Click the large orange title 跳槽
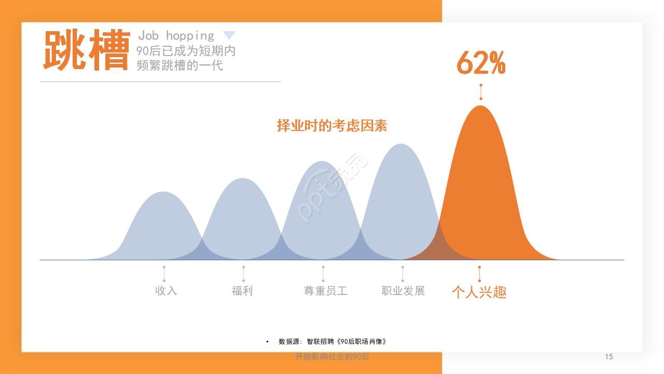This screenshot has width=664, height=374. [87, 50]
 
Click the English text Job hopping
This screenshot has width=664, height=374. [176, 36]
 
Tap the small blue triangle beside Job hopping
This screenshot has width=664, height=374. [229, 35]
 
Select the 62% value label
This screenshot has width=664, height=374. [481, 63]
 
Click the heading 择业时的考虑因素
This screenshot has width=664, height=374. [332, 126]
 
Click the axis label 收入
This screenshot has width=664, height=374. [166, 290]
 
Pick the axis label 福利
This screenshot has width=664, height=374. [242, 290]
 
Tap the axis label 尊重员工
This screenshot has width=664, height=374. [325, 290]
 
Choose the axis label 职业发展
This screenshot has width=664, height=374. [403, 290]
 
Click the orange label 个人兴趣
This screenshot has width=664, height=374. [479, 292]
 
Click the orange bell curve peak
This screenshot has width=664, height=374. [480, 106]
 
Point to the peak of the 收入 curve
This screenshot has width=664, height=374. [163, 192]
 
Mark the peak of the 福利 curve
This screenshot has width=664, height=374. [242, 178]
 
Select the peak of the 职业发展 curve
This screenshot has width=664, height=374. [401, 144]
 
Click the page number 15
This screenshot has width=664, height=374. [609, 356]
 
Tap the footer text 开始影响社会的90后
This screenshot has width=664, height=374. [332, 356]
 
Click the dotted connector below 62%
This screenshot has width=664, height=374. [481, 92]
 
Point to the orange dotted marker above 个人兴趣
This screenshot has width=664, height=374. [479, 274]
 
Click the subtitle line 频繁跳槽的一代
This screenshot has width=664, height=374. [179, 65]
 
